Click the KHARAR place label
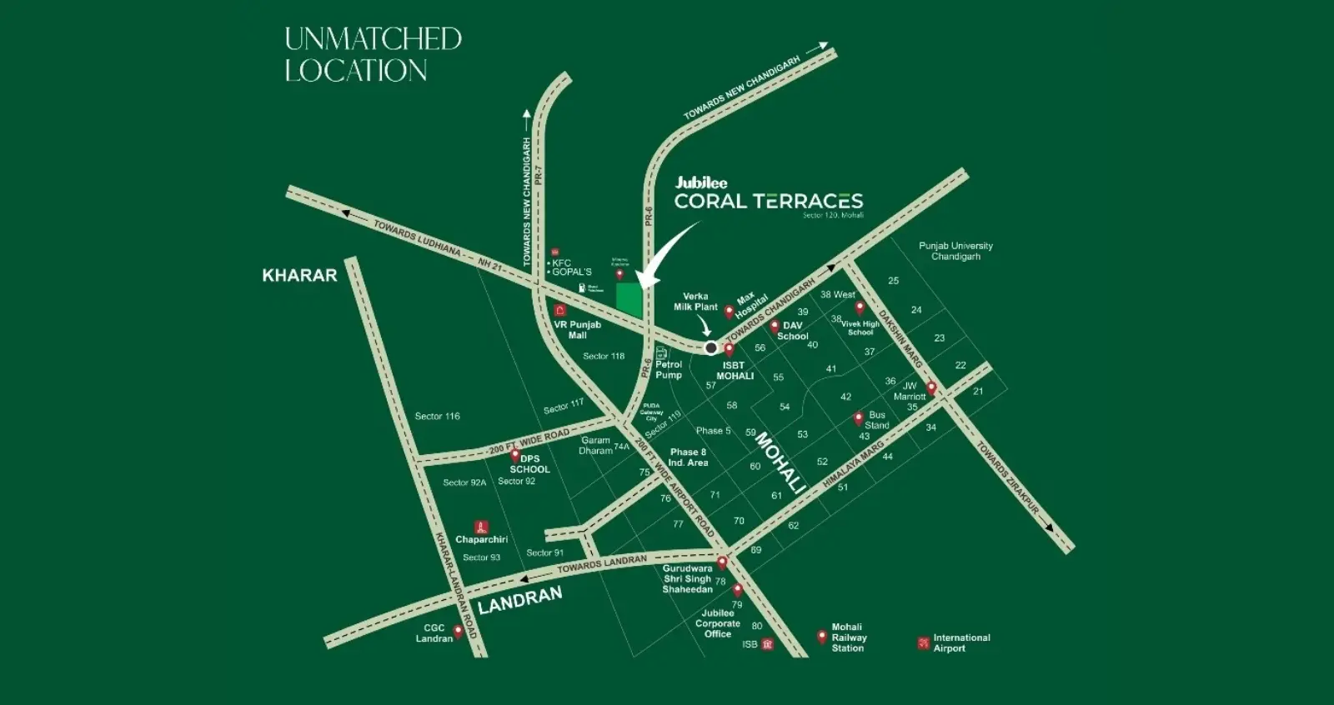click(x=299, y=275)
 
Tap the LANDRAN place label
click(x=521, y=597)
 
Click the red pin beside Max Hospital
click(x=729, y=312)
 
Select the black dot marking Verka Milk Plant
click(x=710, y=348)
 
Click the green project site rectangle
click(x=630, y=299)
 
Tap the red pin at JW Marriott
click(x=931, y=387)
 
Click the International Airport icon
click(x=923, y=643)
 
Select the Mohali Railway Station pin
click(x=822, y=637)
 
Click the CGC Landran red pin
click(x=458, y=631)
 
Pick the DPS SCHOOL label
click(x=529, y=464)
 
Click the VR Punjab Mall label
click(x=578, y=330)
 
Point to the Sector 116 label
click(x=437, y=416)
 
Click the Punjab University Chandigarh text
click(x=955, y=251)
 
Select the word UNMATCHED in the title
click(x=373, y=39)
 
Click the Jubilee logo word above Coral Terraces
click(x=701, y=182)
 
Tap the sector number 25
click(x=893, y=281)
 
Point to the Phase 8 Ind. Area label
click(x=688, y=457)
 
